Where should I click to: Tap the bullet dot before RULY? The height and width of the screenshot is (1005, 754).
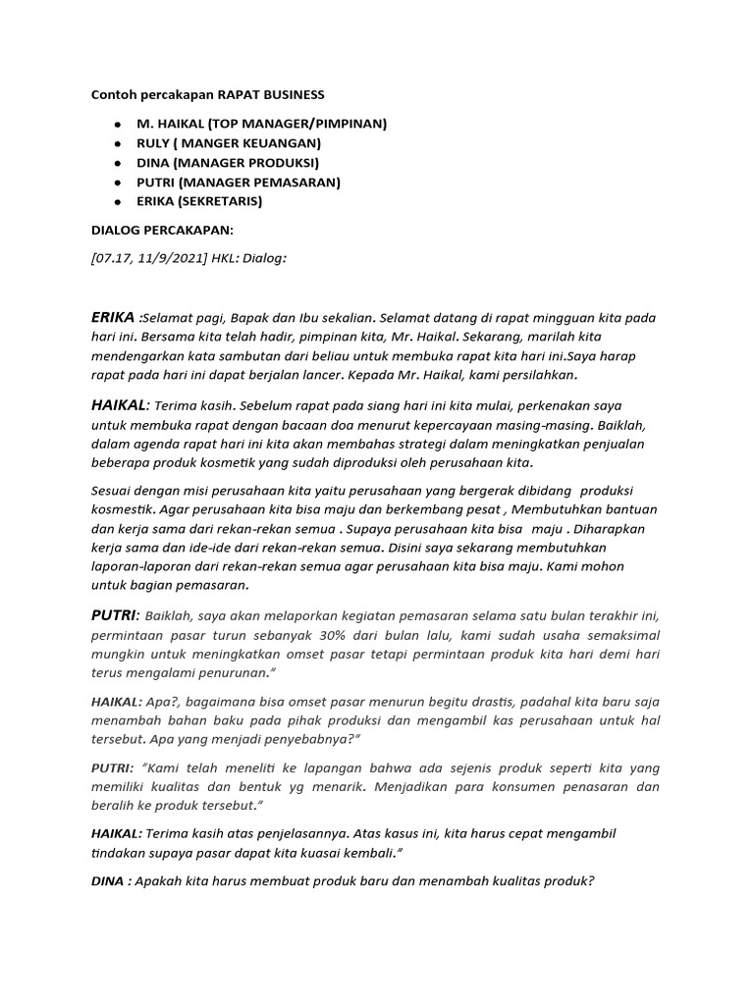pyautogui.click(x=118, y=143)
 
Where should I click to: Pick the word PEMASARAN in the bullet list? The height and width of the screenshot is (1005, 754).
pyautogui.click(x=295, y=183)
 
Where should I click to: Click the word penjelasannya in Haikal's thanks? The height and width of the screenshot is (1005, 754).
pyautogui.click(x=278, y=833)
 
